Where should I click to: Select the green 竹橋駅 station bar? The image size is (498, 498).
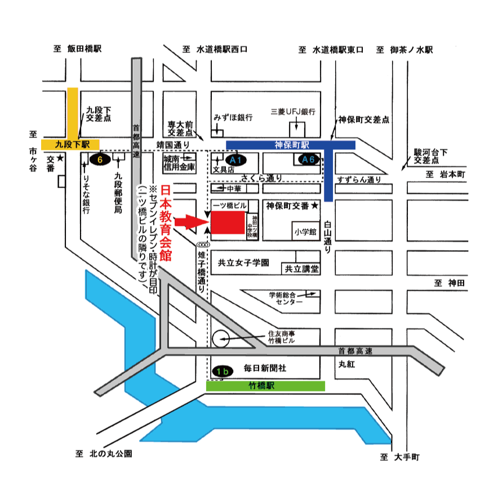[x=265, y=386]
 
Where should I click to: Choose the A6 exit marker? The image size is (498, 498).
[x=308, y=159]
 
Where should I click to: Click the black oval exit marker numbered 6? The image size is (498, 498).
[x=100, y=159]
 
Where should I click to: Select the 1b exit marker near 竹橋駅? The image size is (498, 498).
[x=223, y=371]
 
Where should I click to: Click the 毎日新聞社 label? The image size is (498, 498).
[x=265, y=368]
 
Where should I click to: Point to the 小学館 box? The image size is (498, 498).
[x=305, y=231]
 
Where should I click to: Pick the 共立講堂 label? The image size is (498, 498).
[x=301, y=269]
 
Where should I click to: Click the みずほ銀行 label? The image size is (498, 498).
[x=232, y=117]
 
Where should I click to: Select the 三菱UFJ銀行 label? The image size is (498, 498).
[x=292, y=111]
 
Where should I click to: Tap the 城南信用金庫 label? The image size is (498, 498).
[x=179, y=163]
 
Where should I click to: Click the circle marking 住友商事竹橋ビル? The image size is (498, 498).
[x=220, y=339]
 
